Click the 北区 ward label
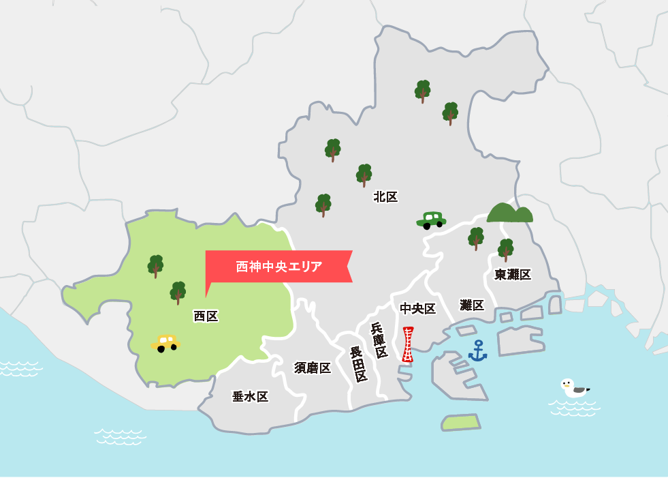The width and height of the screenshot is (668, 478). point(385,197)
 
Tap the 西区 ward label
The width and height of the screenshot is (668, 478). point(206,316)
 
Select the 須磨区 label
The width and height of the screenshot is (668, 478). point(313,368)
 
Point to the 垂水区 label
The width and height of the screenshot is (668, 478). point(250,397)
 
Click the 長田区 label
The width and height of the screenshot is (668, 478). point(359,364)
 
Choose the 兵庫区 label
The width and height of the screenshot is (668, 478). point(379,340)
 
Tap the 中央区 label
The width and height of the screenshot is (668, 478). point(417,309)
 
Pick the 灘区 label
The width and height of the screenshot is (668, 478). point(472,305)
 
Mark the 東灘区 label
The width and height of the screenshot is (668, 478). point(513,274)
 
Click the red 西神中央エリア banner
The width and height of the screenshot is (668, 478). point(279,266)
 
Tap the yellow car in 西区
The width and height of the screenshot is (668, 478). point(165,342)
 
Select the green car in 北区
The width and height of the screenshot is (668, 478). point(431,220)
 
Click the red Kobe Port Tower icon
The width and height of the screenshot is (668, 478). point(408,344)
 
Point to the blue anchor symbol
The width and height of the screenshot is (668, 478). point(477,350)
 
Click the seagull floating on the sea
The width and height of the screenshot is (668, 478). point(573,388)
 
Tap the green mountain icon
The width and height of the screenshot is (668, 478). point(509,213)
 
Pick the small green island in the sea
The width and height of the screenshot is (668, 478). point(460,422)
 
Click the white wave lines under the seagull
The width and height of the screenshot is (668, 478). point(574,408)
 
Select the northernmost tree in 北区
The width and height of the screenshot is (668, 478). point(422,91)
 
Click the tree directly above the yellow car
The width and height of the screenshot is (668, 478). point(178,293)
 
